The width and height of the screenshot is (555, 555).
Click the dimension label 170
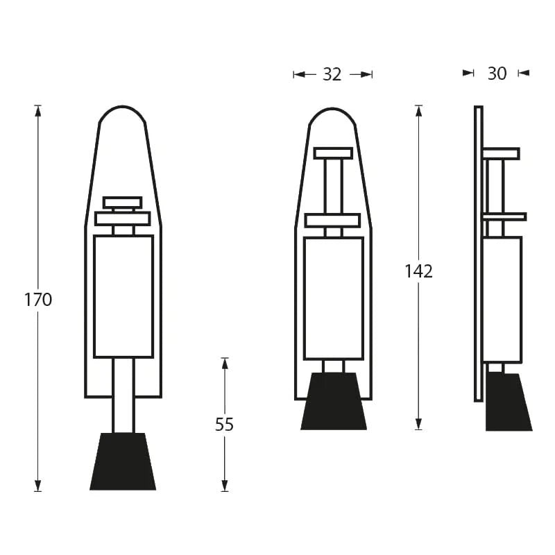tap(38, 300)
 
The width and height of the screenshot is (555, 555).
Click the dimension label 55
tap(224, 425)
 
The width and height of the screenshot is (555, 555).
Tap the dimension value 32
tap(332, 74)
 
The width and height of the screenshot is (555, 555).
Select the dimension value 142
tap(418, 271)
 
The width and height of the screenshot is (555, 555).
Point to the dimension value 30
tap(497, 73)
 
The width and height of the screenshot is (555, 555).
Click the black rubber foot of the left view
tap(123, 462)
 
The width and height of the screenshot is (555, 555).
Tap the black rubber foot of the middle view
tap(334, 402)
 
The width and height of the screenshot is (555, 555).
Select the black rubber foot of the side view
tap(507, 403)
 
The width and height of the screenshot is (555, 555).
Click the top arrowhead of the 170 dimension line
tap(38, 110)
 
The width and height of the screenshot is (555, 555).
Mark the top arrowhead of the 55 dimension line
tap(224, 362)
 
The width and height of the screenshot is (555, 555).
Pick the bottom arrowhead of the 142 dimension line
tap(418, 425)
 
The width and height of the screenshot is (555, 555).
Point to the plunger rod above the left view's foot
tap(123, 395)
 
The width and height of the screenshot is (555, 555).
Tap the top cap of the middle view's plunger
tap(333, 153)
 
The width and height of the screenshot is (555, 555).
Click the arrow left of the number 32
tap(299, 74)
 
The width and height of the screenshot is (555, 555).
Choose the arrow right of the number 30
tap(523, 73)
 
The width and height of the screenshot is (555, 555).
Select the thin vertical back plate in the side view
tap(478, 253)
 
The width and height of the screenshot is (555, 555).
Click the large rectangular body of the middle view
tap(333, 298)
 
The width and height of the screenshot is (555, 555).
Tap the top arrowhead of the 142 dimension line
tap(418, 110)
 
